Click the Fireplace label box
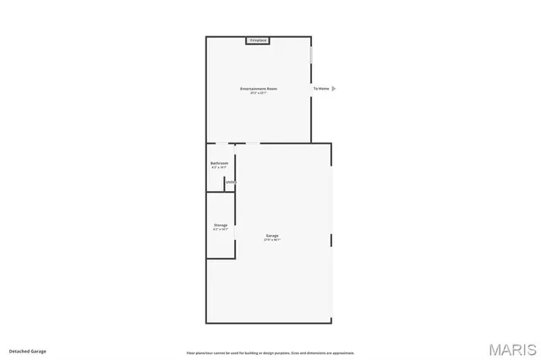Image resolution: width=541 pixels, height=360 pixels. [258, 40]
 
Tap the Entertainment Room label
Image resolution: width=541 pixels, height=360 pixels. [259, 88]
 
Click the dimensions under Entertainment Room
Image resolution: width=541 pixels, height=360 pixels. [259, 92]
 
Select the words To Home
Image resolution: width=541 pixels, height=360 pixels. [321, 88]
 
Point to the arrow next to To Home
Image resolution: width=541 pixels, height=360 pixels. [334, 88]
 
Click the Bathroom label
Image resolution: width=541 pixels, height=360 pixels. [219, 163]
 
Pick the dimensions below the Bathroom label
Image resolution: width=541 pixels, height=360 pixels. [219, 167]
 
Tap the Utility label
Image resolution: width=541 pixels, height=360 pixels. [230, 182]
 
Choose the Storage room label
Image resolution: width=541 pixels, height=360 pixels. [220, 225]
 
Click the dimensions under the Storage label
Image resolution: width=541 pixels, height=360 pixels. [220, 229]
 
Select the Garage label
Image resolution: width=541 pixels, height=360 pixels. [272, 236]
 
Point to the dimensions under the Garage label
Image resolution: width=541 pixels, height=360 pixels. [272, 240]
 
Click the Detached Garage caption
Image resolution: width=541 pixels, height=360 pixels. [28, 351]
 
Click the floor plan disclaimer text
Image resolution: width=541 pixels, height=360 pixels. [270, 352]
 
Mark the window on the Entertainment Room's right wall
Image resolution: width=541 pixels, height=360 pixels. [311, 52]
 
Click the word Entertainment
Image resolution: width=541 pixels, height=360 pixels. [253, 88]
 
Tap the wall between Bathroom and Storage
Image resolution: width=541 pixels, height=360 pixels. [220, 193]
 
